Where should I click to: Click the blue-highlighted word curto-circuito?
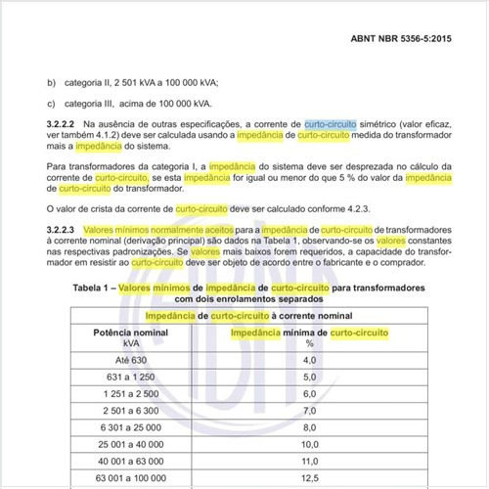pos(333,125)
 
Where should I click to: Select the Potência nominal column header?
pos(123,333)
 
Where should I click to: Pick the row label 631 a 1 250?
pos(123,378)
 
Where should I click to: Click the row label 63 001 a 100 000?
pos(123,478)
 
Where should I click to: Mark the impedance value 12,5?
pos(310,478)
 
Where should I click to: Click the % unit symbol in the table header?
pos(310,344)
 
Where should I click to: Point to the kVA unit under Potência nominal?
pos(123,344)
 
